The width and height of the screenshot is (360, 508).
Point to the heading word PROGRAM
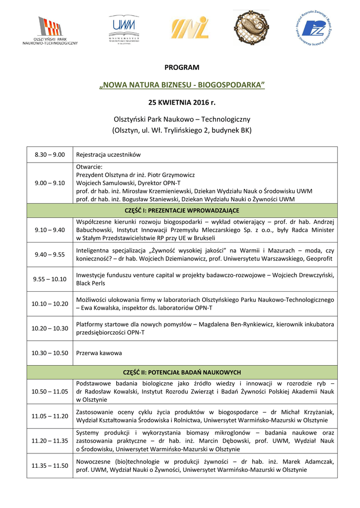coord(182,67)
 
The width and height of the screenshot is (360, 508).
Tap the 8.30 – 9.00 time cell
coord(50,154)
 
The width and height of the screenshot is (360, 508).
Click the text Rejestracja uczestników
coord(108,154)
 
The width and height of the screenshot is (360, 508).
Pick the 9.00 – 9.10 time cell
coord(50,183)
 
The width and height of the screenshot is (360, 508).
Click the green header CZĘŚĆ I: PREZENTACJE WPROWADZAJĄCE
coord(182,210)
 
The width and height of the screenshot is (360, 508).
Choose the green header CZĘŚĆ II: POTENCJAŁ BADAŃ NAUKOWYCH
coord(182,372)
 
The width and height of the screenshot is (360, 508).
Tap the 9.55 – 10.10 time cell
coord(50,279)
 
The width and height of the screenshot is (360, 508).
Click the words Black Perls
coord(90,283)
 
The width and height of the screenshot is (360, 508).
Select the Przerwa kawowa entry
coord(99,353)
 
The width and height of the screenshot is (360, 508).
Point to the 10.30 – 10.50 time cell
coord(50,353)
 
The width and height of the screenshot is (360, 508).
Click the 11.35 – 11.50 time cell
coord(50,465)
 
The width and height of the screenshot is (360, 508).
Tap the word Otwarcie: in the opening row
coord(89,167)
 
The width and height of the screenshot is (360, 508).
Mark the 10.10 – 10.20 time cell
coord(50,304)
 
